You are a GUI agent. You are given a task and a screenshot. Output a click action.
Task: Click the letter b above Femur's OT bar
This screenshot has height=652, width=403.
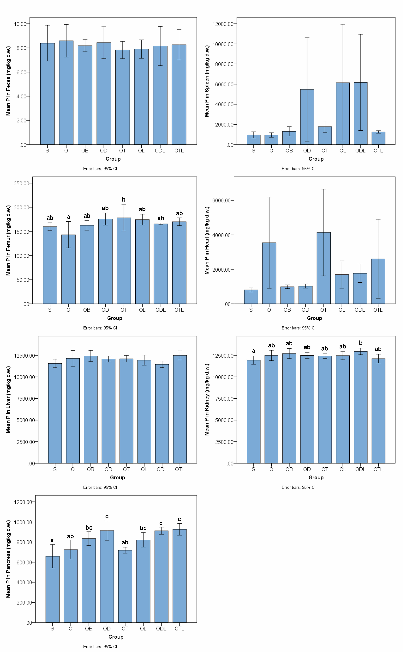coord(124,200)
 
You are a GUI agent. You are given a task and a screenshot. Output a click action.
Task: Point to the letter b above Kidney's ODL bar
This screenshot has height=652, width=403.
coord(361,343)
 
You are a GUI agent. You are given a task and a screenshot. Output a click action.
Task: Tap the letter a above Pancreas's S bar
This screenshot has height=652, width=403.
coord(52,540)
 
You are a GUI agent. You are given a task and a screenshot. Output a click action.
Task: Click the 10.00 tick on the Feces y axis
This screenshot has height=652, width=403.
coord(20,24)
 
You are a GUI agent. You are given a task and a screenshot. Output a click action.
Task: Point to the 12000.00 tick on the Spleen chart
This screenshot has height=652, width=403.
coord(223,24)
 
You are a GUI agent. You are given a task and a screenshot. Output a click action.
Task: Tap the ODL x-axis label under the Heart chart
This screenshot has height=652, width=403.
coord(360,310)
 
